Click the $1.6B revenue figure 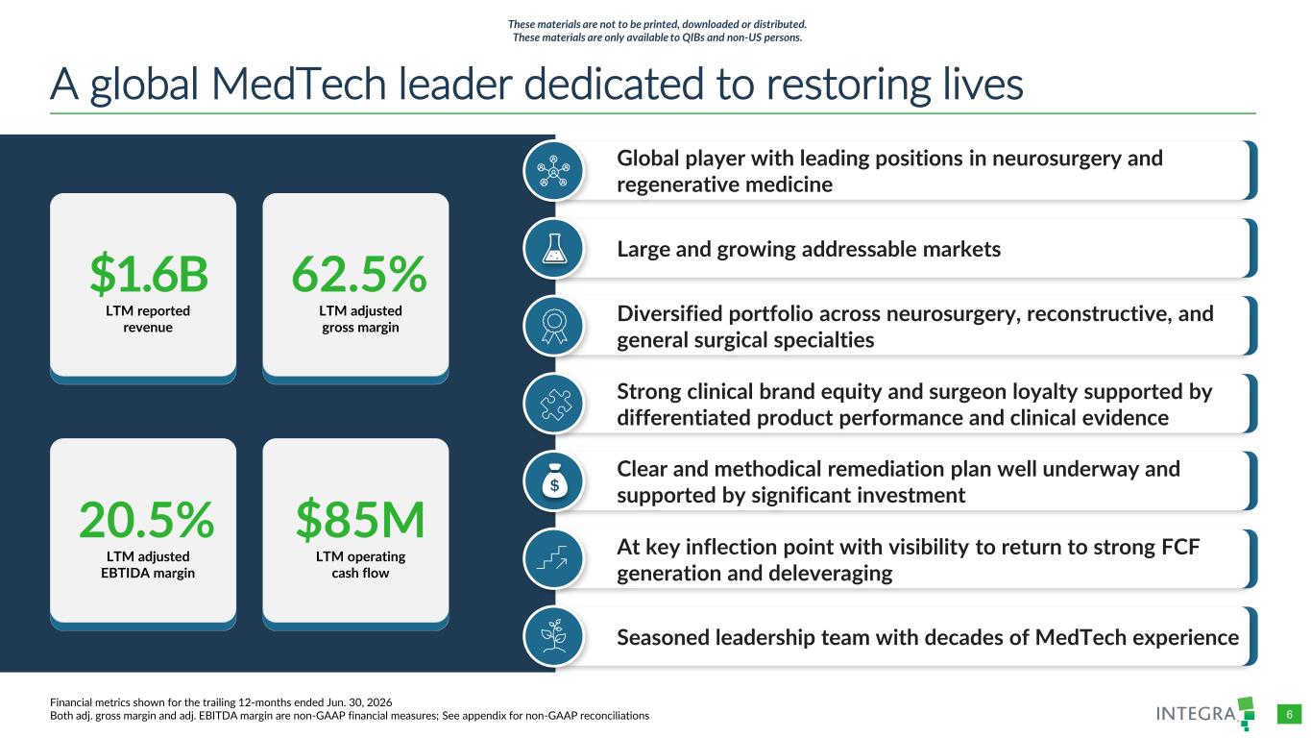(x=149, y=274)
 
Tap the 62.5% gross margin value (x=359, y=274)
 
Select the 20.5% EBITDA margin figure (x=147, y=520)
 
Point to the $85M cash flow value (x=360, y=520)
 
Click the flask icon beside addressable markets (x=553, y=248)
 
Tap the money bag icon (x=553, y=481)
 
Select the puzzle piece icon (x=553, y=405)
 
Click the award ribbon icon (x=553, y=327)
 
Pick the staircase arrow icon (x=553, y=557)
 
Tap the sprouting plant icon (x=553, y=635)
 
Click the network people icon (x=553, y=170)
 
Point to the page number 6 (x=1289, y=715)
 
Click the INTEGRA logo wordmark (x=1197, y=713)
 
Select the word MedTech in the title (x=299, y=85)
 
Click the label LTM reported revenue (x=148, y=319)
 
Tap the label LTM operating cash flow (x=360, y=565)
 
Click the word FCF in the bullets (x=1179, y=547)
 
